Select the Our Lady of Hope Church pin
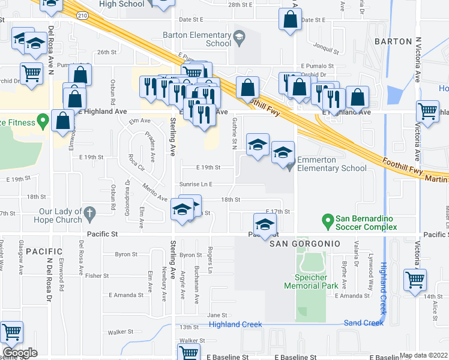(x=89, y=212)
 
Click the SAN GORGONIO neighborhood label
(x=304, y=244)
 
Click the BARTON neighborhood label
(x=393, y=41)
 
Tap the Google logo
(x=20, y=353)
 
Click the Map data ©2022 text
(x=423, y=355)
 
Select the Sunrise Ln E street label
(x=196, y=184)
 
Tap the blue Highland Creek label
(x=235, y=325)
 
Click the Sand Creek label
(x=364, y=323)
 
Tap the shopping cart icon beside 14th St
(x=415, y=280)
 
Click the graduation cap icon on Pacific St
(x=264, y=226)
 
